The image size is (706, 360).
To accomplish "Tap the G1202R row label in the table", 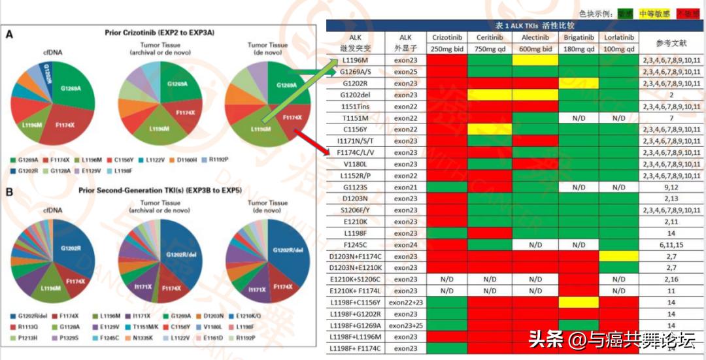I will tap(355, 84).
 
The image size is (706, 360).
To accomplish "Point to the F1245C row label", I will tap(355, 244).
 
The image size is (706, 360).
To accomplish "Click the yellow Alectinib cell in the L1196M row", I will tap(534, 60).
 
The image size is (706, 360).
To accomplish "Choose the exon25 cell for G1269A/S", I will tap(405, 72).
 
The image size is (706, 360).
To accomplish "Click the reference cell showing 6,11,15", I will tap(671, 244).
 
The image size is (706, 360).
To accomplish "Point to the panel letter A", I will tap(9, 34).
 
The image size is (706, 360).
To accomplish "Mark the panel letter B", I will tap(9, 191).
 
